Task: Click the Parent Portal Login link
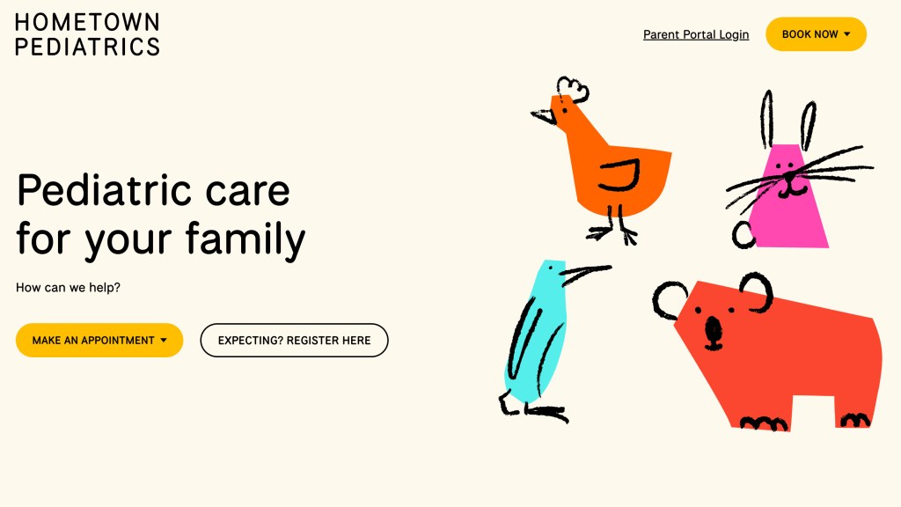click(x=696, y=34)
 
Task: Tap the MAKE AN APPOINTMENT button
click(x=99, y=341)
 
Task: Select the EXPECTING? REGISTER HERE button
click(x=294, y=341)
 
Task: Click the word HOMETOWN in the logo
click(x=87, y=22)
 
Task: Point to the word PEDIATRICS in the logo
click(x=87, y=47)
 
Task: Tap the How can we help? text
click(x=68, y=288)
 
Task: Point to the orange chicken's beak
click(x=543, y=116)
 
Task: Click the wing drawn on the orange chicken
click(x=620, y=176)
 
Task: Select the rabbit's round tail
click(x=744, y=234)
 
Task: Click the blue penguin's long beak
click(x=586, y=273)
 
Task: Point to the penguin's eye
click(x=549, y=268)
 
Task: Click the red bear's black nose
click(x=713, y=331)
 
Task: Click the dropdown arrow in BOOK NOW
click(x=847, y=34)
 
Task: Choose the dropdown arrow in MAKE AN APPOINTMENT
click(x=164, y=341)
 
